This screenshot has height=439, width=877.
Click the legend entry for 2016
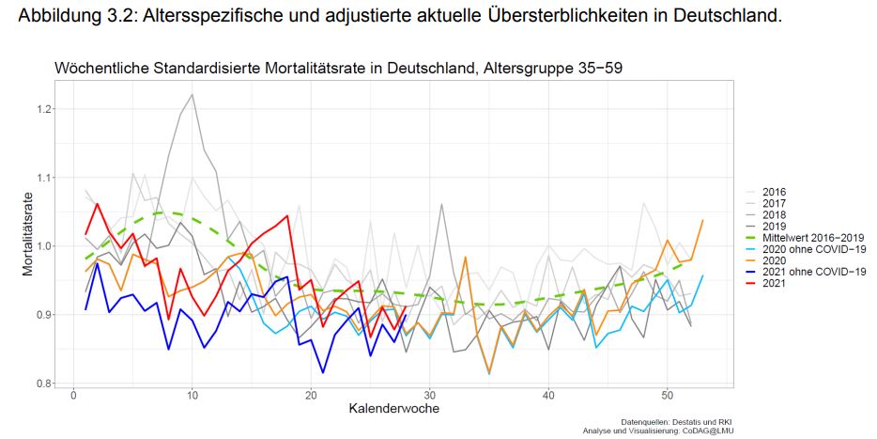click(x=775, y=193)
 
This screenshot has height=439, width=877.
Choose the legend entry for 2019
click(x=775, y=227)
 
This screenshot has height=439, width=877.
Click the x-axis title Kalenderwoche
click(x=393, y=410)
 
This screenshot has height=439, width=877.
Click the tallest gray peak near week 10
click(x=192, y=94)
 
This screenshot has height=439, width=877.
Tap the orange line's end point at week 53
click(x=702, y=220)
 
